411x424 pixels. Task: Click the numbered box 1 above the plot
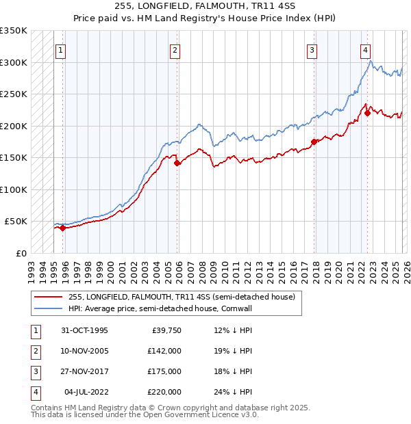[61, 50]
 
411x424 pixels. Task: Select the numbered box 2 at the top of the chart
[175, 50]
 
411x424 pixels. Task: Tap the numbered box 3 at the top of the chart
[312, 50]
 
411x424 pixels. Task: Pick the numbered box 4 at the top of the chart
[366, 50]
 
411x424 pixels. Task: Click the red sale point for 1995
[62, 228]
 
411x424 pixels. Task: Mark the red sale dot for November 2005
[177, 163]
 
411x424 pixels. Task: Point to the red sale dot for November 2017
[314, 142]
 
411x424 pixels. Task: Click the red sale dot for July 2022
[367, 114]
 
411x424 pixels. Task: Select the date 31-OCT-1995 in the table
[84, 330]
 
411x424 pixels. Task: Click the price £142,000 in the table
[164, 351]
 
